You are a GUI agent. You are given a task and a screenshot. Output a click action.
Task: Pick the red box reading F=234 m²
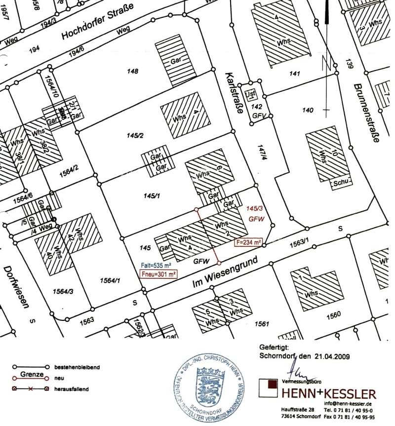[x=248, y=242]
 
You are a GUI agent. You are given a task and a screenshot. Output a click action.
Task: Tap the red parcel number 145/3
[x=256, y=209]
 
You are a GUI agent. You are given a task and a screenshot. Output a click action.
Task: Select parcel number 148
[x=132, y=72]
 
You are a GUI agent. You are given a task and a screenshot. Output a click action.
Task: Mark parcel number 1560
[x=334, y=314]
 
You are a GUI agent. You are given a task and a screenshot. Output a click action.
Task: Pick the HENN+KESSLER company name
[x=328, y=394]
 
